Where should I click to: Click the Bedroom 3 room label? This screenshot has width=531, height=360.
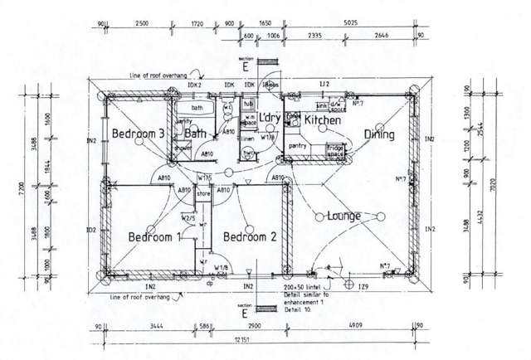point(138,134)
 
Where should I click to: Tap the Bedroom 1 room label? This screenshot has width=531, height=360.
point(154,237)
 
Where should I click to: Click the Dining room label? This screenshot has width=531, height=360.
point(378,134)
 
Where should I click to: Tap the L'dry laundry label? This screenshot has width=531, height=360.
point(270,118)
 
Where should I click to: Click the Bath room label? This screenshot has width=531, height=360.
point(195,134)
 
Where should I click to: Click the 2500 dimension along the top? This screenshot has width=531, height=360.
point(140,23)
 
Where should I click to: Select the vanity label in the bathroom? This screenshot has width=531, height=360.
point(183,121)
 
